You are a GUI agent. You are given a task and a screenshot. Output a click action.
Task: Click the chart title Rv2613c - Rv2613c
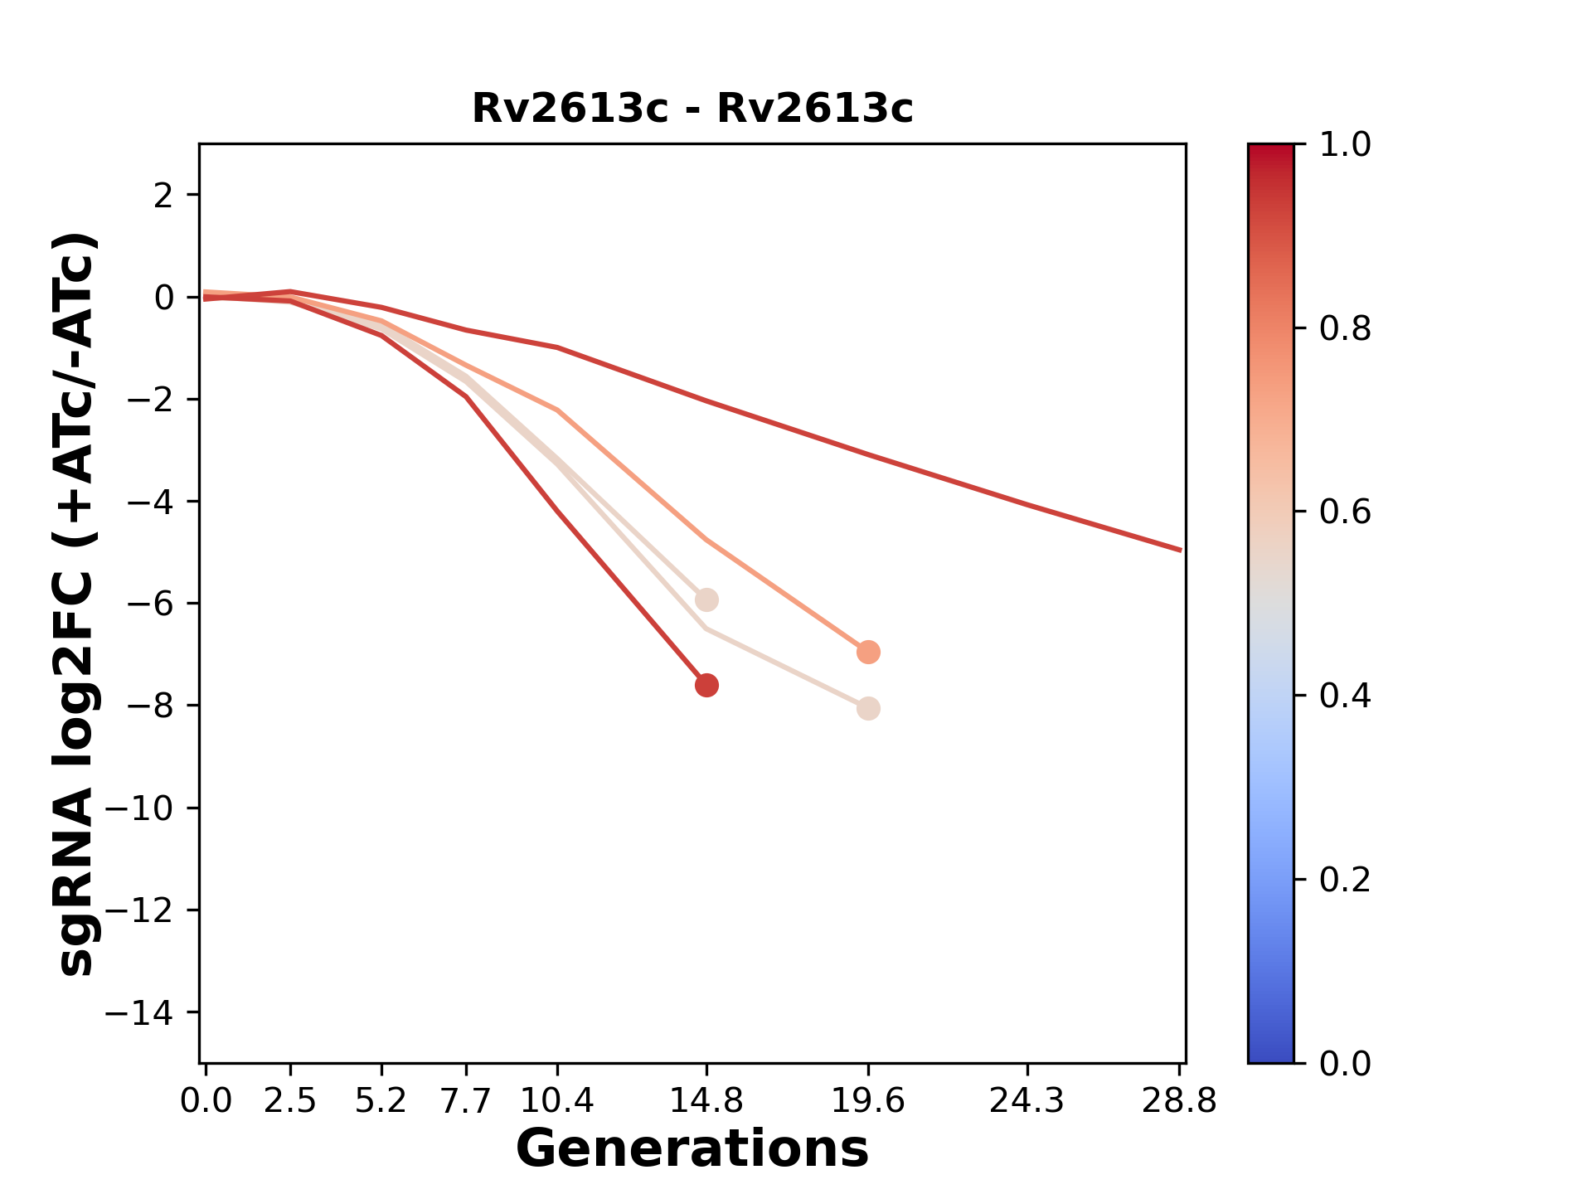692,109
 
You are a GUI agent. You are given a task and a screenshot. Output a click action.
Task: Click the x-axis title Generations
692,1149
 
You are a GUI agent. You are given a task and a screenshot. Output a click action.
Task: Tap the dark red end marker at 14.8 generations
706,685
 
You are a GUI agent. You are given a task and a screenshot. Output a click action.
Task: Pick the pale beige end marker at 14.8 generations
706,599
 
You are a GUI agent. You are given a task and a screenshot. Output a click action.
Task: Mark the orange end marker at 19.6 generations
868,652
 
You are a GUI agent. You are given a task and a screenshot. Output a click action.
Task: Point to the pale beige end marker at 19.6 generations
868,709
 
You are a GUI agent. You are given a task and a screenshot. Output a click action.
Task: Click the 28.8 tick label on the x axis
1179,1101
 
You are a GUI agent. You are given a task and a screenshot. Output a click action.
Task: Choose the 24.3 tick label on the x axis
1027,1101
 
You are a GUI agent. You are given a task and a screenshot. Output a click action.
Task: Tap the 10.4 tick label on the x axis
557,1101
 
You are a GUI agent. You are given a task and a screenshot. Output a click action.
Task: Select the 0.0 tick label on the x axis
206,1101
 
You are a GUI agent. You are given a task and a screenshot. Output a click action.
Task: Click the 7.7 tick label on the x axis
467,1101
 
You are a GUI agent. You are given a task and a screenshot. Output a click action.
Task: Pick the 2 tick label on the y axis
164,195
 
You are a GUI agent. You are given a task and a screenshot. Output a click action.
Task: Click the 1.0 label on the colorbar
1345,145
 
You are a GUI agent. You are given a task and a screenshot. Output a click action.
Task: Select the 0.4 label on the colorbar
1345,696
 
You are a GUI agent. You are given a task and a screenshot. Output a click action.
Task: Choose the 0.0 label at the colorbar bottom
1345,1063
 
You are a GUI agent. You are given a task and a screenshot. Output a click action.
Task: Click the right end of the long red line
1179,550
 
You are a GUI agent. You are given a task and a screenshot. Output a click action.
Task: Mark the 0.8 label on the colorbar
1345,329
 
